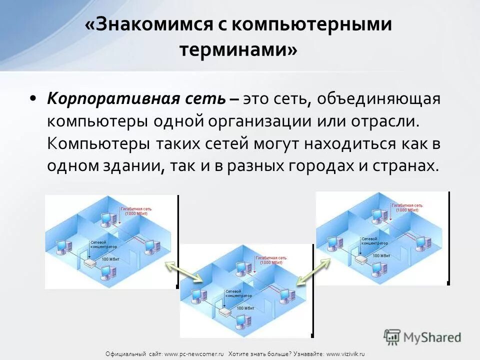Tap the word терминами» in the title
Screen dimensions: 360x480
pyautogui.click(x=238, y=50)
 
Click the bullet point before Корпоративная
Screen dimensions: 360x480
pyautogui.click(x=32, y=98)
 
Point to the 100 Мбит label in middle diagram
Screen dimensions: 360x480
pyautogui.click(x=245, y=308)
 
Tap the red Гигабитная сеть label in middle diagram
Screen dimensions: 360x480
pyautogui.click(x=270, y=259)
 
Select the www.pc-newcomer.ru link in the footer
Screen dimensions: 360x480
pyautogui.click(x=194, y=354)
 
